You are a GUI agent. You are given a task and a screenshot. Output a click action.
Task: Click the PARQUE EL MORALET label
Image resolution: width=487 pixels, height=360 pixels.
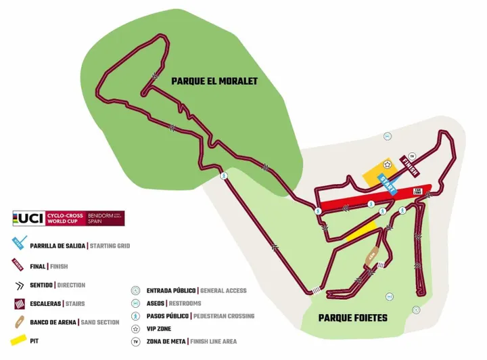point(214,81)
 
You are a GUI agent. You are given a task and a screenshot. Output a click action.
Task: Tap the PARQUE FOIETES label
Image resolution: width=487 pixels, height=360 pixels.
point(352,317)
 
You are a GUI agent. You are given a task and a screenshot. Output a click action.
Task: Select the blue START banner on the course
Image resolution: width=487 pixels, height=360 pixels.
point(388,183)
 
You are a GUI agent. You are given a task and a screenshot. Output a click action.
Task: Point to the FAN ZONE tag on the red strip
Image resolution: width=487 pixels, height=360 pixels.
point(417,191)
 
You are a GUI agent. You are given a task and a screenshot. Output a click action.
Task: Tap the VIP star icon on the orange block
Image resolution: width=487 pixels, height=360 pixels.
point(387,164)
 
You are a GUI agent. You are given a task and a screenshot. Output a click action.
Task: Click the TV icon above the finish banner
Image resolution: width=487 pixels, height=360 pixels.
point(411,156)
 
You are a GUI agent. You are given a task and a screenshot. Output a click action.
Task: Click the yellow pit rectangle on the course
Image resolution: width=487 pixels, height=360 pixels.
point(359,232)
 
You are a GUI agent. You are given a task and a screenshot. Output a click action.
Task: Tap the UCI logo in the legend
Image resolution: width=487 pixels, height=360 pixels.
point(28,218)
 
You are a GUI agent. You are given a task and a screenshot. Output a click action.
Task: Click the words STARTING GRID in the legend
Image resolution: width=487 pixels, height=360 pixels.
point(110,246)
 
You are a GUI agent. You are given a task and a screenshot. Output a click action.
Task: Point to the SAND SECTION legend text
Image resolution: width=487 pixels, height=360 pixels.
point(100,323)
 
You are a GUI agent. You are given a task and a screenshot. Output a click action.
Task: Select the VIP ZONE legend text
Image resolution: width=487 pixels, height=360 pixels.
point(159,329)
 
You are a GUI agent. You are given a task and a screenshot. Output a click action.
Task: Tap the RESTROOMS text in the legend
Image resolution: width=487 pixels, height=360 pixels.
point(185,303)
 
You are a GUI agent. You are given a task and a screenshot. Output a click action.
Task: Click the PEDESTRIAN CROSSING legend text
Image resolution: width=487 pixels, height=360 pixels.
point(223,316)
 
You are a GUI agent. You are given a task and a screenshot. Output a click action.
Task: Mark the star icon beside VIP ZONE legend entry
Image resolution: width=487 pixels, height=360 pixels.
point(135,329)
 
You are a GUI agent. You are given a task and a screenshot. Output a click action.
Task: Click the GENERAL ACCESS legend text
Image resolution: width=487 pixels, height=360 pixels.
point(223,291)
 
